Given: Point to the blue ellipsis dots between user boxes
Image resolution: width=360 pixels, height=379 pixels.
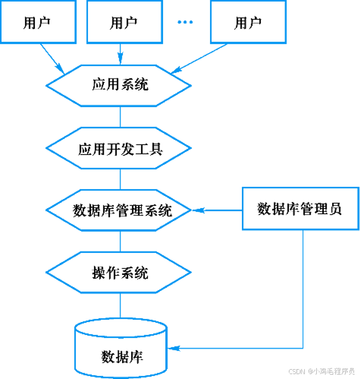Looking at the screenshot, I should coord(185,22).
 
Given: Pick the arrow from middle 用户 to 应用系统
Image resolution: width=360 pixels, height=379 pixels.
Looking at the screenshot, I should coord(120,54).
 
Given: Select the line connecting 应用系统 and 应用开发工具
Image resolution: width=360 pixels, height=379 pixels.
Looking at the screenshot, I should coord(120,117).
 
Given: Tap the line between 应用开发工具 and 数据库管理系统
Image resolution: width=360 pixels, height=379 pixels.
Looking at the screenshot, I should coord(120,179).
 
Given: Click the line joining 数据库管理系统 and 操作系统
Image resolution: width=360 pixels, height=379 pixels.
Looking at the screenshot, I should coord(120,241).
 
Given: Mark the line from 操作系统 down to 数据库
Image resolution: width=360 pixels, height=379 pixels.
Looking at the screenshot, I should coord(120,304).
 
